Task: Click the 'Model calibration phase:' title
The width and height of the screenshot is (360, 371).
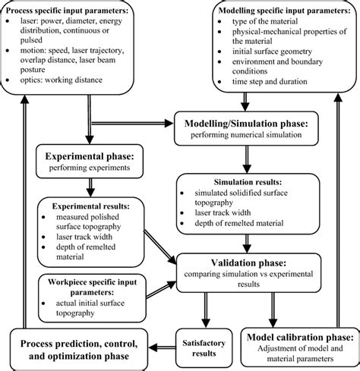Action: pos(298,337)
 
